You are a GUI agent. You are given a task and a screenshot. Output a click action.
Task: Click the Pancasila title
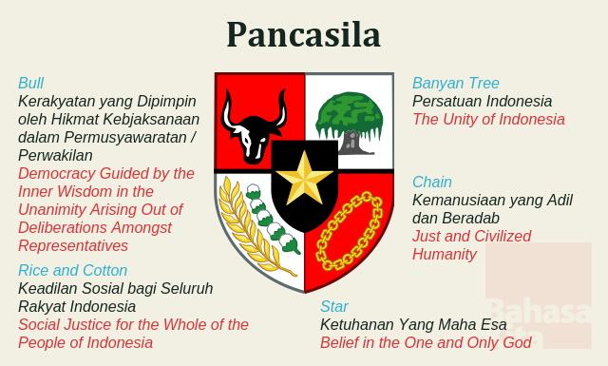click(303, 34)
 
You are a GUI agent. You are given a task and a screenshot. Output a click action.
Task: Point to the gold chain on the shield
click(349, 232)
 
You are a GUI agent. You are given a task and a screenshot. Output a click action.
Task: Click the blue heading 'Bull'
click(31, 83)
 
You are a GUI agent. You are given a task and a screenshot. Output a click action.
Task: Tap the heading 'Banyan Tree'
click(456, 83)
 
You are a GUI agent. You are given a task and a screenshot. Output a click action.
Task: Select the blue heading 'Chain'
click(432, 182)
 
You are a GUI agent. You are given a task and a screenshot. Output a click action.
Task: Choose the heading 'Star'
click(334, 306)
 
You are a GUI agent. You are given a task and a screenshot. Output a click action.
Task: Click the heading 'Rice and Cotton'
click(72, 270)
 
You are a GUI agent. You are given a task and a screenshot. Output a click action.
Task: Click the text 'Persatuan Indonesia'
click(482, 101)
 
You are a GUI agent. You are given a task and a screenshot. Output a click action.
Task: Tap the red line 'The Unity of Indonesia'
click(488, 120)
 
